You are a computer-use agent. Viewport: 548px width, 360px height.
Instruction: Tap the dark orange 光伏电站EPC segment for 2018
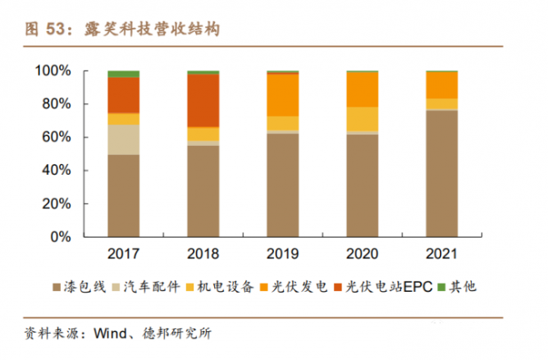click(x=203, y=100)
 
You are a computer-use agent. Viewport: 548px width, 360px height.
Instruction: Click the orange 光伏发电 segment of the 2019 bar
click(x=282, y=94)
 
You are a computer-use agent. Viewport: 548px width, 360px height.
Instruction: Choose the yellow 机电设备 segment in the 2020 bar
click(x=362, y=119)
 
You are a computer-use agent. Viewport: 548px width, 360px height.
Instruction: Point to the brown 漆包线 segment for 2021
click(x=441, y=173)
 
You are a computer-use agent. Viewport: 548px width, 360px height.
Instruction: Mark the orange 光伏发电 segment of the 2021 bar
click(x=441, y=85)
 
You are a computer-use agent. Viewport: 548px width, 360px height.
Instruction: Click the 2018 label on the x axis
click(x=203, y=253)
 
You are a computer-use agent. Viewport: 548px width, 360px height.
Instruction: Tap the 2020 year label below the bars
click(x=362, y=253)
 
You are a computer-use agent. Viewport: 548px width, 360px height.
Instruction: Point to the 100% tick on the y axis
click(x=51, y=71)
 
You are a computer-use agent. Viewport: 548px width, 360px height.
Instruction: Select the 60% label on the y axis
click(x=54, y=138)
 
